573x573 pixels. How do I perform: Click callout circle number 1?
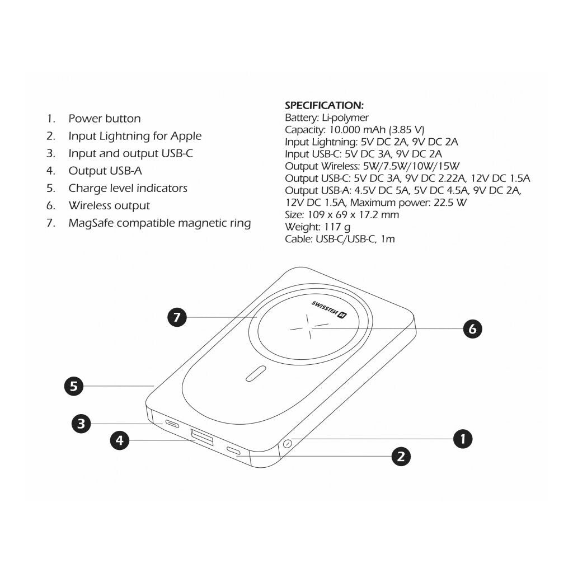point(462,439)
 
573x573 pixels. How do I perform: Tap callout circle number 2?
point(400,457)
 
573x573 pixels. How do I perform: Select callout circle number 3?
point(81,424)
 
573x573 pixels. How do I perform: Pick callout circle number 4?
point(119,440)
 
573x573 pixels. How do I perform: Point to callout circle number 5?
point(73,386)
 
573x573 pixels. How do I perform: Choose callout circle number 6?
point(472,329)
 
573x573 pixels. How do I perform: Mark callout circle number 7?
point(177,317)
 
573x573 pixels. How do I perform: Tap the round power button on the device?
point(288,444)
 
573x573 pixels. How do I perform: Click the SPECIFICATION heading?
point(324,105)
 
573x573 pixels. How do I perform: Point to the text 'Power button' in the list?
point(105,119)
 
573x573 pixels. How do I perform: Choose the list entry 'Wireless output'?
point(109,206)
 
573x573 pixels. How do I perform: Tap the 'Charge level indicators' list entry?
point(128,189)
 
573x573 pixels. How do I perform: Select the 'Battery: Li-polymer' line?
point(327,118)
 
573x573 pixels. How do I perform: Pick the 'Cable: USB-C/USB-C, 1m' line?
point(340,239)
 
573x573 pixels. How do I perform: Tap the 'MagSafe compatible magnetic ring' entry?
point(159,223)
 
